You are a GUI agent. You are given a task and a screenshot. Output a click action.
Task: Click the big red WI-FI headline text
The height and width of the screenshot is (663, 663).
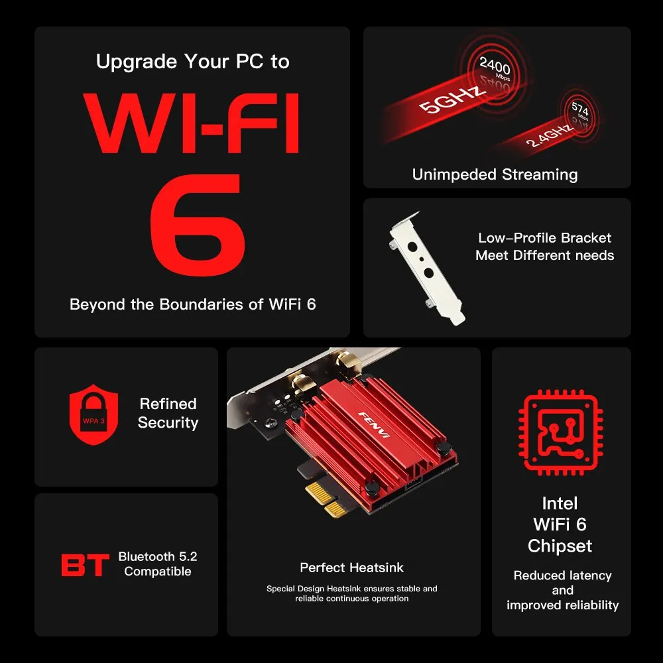pos(192,124)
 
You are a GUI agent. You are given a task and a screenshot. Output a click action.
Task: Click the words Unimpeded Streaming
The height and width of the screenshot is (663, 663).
pos(495,174)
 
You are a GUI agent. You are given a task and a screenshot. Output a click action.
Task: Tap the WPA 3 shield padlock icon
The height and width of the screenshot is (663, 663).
pos(93,416)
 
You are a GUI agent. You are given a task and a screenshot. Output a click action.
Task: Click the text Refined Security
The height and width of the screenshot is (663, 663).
pos(168,413)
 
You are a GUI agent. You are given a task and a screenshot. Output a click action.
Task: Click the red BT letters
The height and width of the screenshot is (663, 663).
pos(85,566)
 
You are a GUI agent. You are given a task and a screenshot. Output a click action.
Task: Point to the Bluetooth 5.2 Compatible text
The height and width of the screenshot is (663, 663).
pos(158,564)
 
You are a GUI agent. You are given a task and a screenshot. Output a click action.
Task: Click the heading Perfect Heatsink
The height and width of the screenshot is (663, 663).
pos(351,568)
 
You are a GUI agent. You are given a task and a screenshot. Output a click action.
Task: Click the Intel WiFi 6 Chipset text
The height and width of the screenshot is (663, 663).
pos(560,524)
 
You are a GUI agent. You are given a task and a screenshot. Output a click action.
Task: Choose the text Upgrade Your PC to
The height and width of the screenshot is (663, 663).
pos(192,62)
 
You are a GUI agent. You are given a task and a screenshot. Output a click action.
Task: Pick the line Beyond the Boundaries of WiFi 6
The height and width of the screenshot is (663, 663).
pos(192,304)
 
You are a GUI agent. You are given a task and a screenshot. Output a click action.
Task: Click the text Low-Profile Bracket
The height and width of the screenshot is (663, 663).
pos(544,238)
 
